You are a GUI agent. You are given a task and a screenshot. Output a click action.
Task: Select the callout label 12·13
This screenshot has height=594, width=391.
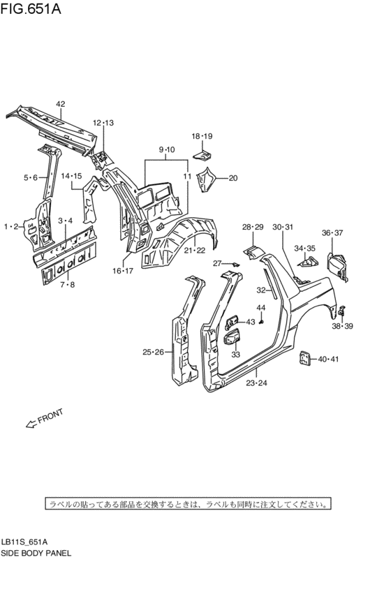(103, 123)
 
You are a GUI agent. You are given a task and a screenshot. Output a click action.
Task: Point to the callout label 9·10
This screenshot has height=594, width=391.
(166, 150)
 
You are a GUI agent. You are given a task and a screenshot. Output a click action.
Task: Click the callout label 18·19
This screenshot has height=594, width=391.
(202, 136)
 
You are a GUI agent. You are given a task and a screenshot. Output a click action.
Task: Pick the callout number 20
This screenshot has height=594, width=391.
(233, 178)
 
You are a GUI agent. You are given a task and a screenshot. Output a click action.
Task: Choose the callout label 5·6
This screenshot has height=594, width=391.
(30, 178)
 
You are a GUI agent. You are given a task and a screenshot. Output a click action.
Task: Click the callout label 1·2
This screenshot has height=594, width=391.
(10, 226)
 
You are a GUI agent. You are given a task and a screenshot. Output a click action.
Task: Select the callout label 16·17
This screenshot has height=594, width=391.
(123, 271)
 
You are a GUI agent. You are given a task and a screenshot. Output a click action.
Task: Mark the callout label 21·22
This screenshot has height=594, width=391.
(195, 250)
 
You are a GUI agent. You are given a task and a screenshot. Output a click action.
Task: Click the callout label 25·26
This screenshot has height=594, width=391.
(152, 352)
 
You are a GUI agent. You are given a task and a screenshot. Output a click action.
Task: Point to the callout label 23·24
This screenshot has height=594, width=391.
(257, 383)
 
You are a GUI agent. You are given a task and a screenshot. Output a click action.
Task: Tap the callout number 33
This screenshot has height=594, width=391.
(235, 355)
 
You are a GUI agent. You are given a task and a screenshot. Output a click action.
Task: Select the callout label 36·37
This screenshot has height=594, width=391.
(332, 233)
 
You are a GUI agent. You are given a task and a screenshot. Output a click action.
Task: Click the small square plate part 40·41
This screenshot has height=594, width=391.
(304, 359)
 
